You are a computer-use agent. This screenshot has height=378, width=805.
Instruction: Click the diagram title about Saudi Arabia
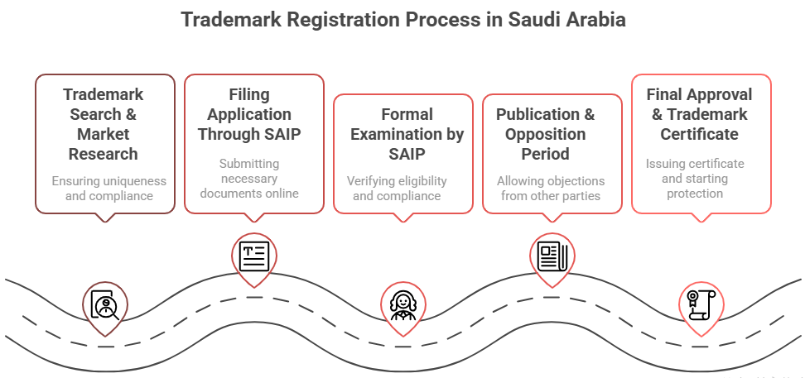[403, 20]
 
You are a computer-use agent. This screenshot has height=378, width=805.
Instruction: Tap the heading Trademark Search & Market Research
[104, 124]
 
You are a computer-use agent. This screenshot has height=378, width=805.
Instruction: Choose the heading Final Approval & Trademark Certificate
[701, 114]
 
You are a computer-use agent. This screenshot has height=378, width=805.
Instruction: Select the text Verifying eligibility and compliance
[398, 189]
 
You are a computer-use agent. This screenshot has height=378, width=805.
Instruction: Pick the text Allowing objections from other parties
[551, 189]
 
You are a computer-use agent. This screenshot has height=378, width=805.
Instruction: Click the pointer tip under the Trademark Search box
[105, 221]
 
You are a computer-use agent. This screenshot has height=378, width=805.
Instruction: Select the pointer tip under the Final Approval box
[701, 221]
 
